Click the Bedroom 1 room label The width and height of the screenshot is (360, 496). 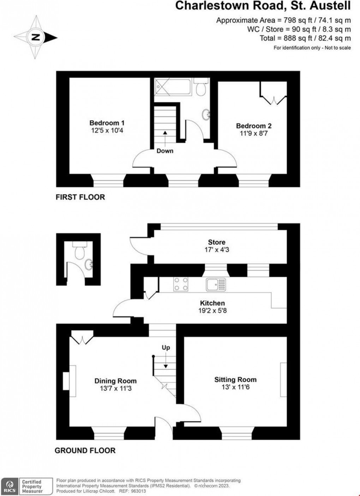click(x=107, y=123)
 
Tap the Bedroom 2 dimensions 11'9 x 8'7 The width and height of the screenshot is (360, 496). click(x=254, y=133)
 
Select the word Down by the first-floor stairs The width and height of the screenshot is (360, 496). click(x=165, y=151)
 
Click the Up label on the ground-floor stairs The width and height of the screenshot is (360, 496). click(x=166, y=347)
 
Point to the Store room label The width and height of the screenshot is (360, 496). click(x=216, y=242)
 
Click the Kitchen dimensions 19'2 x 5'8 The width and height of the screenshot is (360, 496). click(x=212, y=311)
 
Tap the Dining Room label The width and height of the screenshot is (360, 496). click(x=115, y=381)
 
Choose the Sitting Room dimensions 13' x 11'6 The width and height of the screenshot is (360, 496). click(x=235, y=387)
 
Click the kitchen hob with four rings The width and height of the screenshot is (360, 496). click(x=181, y=284)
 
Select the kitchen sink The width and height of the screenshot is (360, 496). click(x=216, y=285)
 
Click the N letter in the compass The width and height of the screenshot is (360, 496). click(x=35, y=37)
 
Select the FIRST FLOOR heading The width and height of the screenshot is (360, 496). click(x=80, y=197)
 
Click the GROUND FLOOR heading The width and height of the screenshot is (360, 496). click(x=85, y=450)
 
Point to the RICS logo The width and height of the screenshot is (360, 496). click(x=10, y=486)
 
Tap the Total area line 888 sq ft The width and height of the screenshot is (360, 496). click(x=305, y=38)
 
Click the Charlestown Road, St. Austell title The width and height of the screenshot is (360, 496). click(x=263, y=6)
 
